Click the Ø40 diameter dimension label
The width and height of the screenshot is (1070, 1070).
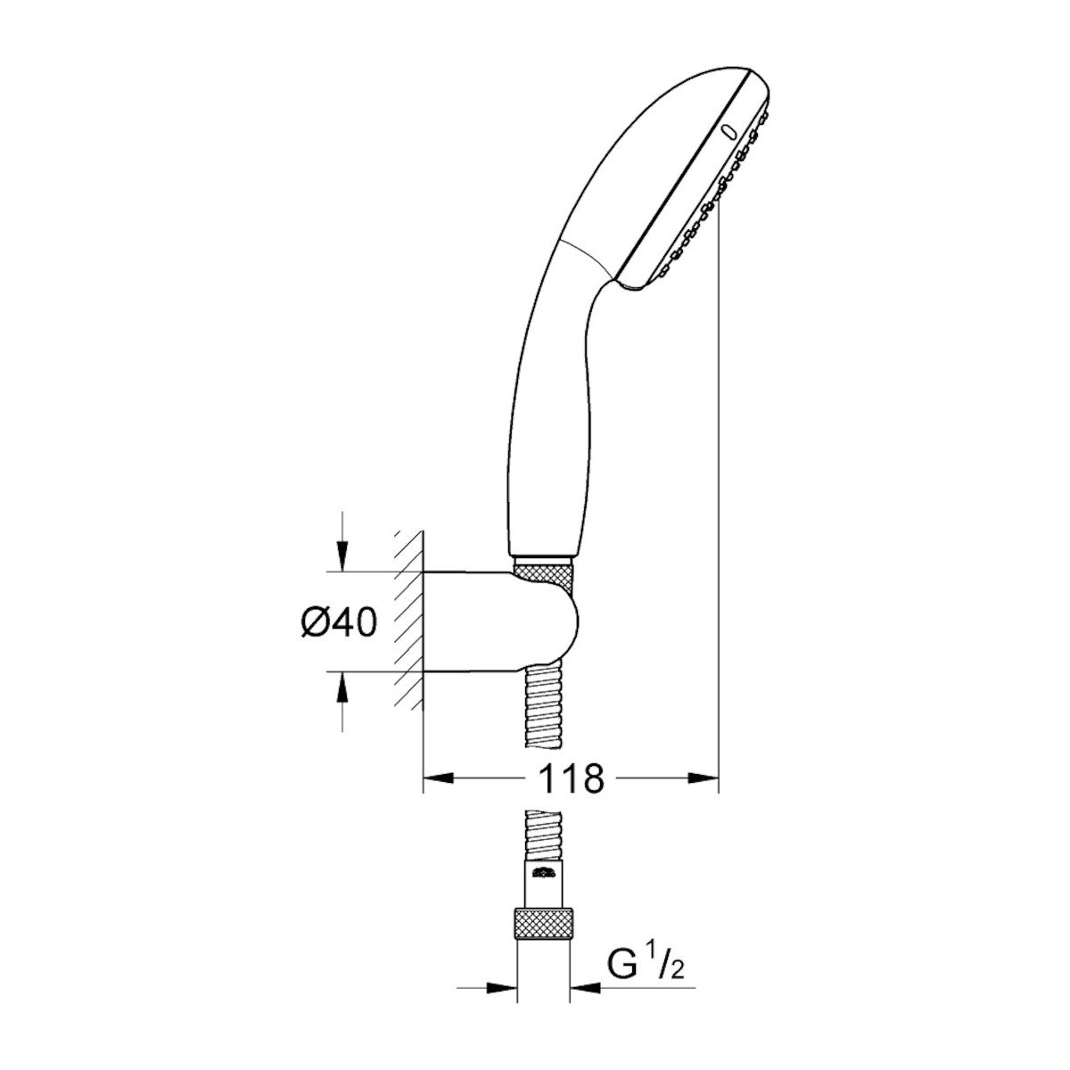[336, 621]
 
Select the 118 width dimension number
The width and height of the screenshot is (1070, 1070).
[571, 778]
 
